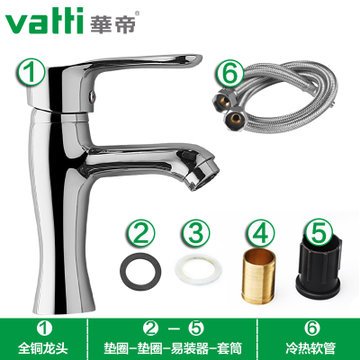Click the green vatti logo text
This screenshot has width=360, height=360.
(x=44, y=22)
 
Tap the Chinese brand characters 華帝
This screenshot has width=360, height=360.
(x=112, y=23)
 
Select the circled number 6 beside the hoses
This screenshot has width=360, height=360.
(x=230, y=73)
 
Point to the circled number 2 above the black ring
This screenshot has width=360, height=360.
(x=140, y=233)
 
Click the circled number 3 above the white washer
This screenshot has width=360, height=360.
(x=196, y=233)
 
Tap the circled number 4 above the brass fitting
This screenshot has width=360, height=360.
(x=261, y=233)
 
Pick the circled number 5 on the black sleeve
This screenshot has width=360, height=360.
(x=318, y=232)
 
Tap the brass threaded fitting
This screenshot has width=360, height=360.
(x=258, y=276)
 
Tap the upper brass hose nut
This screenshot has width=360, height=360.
(x=223, y=100)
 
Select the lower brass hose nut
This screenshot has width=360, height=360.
(x=236, y=119)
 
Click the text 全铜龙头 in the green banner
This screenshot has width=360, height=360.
(x=43, y=349)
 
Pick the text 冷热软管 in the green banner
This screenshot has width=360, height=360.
(x=311, y=349)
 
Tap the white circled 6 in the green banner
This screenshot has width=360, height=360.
(x=312, y=329)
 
